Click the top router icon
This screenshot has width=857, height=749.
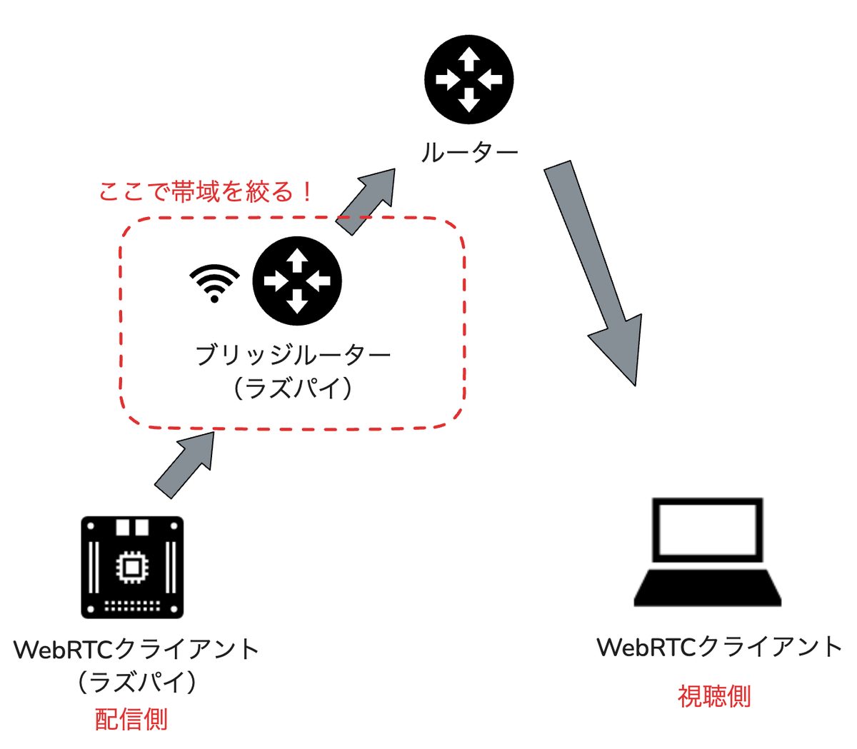(x=468, y=79)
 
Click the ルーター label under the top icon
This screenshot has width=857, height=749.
(x=468, y=152)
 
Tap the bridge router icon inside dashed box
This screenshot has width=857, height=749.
(x=297, y=281)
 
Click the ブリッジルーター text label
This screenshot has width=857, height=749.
(x=294, y=354)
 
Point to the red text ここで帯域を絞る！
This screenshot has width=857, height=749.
(x=206, y=191)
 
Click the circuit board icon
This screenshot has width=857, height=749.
(x=132, y=567)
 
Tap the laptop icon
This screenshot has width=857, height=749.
(x=707, y=553)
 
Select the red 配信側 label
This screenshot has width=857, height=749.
(x=131, y=718)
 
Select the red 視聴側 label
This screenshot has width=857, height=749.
(x=714, y=695)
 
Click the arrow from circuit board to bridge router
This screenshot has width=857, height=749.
(x=184, y=464)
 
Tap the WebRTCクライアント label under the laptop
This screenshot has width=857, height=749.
(x=719, y=647)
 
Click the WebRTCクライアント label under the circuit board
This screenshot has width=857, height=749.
(x=136, y=649)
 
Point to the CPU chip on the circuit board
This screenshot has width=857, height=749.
(x=131, y=567)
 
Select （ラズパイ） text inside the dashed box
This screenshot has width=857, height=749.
(x=293, y=388)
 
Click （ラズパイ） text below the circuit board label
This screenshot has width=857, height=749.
(x=136, y=682)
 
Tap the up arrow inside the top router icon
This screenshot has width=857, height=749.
(x=468, y=59)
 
